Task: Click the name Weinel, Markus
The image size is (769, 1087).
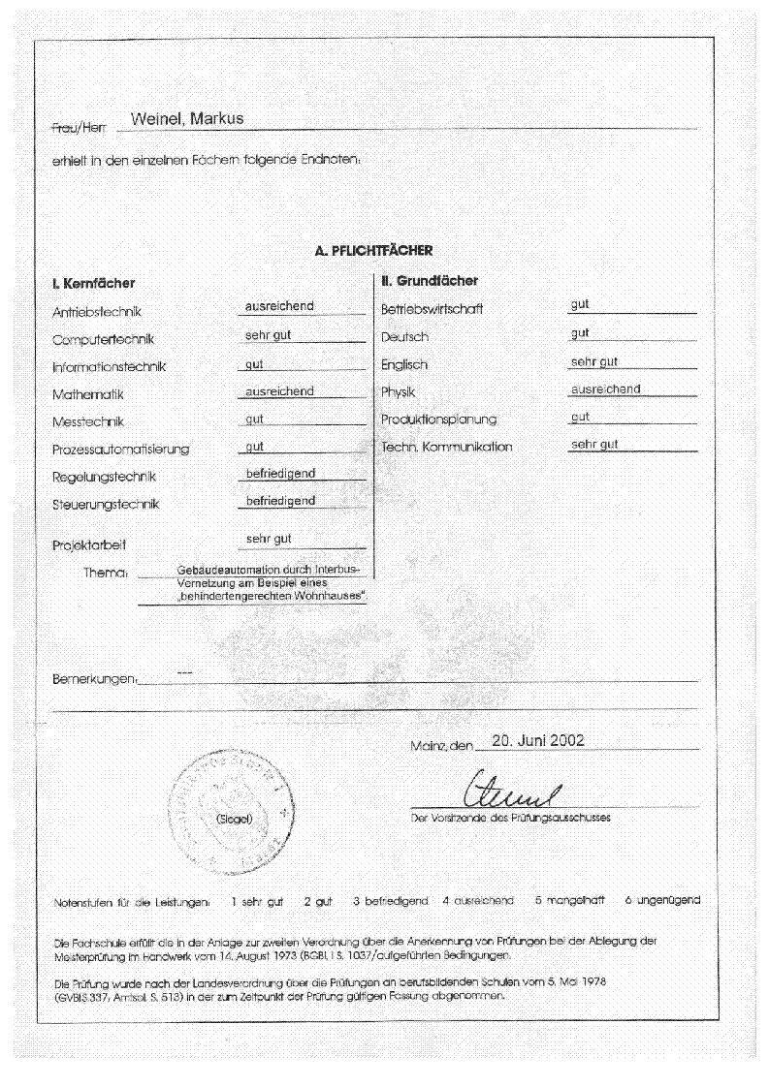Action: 186,119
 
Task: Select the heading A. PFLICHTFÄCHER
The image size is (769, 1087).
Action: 373,250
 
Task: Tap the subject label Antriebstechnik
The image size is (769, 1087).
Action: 97,312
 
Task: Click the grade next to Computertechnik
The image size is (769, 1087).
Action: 269,335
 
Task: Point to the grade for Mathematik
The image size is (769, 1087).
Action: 279,390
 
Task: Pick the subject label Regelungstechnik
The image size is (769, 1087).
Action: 104,477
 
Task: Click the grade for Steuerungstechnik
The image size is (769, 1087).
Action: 279,501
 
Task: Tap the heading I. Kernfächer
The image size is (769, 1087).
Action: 93,284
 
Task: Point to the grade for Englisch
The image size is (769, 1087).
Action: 594,361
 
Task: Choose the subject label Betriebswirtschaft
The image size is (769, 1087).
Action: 431,310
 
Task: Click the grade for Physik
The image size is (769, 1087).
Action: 605,389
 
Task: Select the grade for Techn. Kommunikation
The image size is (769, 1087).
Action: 594,445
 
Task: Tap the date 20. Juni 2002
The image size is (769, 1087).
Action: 538,741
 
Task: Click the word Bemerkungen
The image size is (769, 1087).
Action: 94,679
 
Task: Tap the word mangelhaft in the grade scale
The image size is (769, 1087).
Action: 569,900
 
